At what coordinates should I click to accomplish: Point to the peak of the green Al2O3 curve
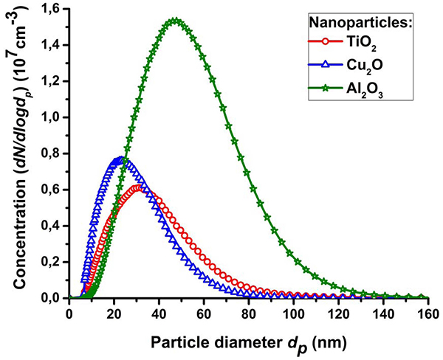click(175, 21)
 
